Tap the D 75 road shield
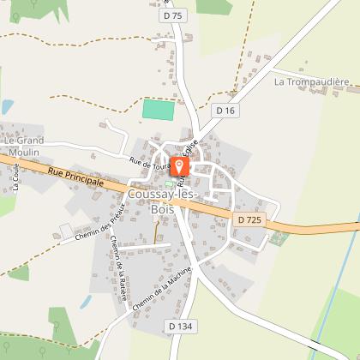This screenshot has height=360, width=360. pyautogui.click(x=172, y=15)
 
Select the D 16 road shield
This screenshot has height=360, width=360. pyautogui.click(x=225, y=110)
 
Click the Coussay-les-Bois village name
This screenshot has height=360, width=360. pyautogui.click(x=163, y=201)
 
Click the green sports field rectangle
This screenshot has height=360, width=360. pyautogui.click(x=158, y=111)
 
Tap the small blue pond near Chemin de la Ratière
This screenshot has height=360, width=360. pyautogui.click(x=86, y=302)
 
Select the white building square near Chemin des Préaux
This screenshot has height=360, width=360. pyautogui.click(x=66, y=231)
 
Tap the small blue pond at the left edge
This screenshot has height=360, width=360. pyautogui.click(x=7, y=107)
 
